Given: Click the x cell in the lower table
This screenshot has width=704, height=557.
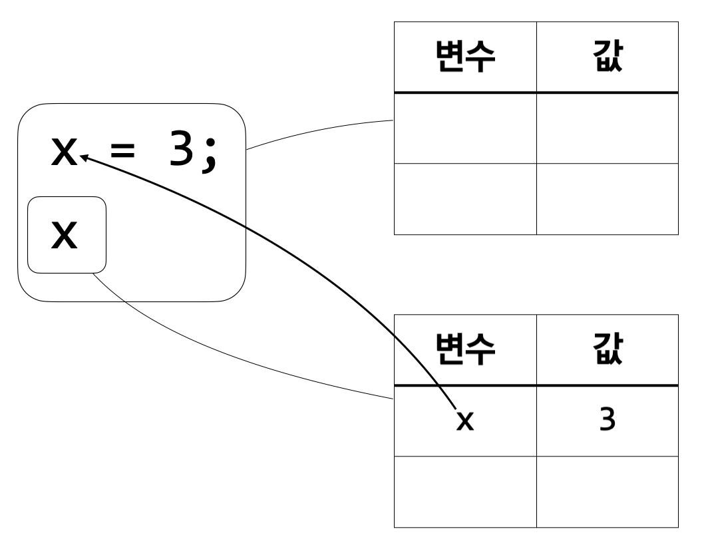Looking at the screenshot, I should (x=464, y=421).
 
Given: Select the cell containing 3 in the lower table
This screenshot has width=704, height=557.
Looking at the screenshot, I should (x=607, y=421).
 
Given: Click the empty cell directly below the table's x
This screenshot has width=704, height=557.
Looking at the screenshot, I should (x=464, y=491).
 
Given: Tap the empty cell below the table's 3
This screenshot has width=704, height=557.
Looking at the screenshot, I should (x=607, y=491).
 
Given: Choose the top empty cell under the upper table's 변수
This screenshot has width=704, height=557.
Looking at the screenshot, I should (x=464, y=128).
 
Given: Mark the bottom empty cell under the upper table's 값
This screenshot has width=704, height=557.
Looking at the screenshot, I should (x=607, y=198).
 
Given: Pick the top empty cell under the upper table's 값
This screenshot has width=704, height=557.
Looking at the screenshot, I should (x=607, y=128).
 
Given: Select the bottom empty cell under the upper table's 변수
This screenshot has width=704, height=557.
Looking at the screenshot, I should (x=464, y=198).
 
